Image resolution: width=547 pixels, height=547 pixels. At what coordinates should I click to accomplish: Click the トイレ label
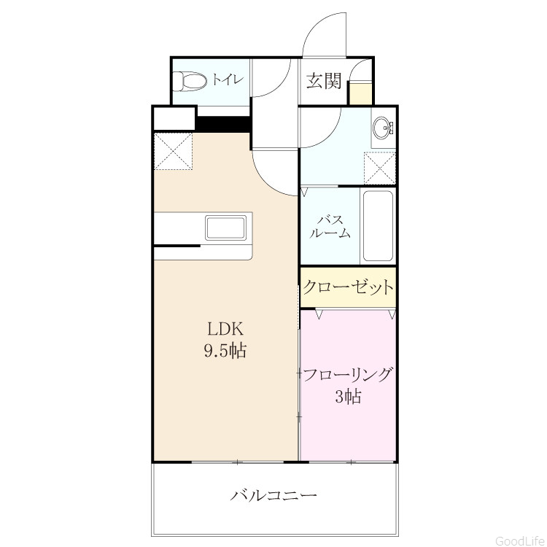click(227, 79)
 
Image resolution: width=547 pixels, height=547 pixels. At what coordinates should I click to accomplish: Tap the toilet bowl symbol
click(190, 82)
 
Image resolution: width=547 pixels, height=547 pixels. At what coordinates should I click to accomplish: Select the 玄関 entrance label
click(324, 81)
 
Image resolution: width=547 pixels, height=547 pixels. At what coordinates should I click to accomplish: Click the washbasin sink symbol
click(383, 128)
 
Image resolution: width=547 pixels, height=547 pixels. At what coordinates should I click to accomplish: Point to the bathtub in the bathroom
click(378, 226)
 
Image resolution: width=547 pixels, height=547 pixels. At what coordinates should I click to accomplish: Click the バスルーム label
click(330, 227)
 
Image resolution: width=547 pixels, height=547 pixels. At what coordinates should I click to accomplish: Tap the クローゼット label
click(348, 287)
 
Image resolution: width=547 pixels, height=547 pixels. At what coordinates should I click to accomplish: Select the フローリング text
click(347, 375)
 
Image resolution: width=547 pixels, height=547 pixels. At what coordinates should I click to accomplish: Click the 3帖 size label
click(348, 397)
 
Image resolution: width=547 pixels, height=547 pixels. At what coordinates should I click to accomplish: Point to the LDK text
click(225, 329)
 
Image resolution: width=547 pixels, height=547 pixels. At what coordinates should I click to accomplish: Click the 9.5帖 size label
click(225, 350)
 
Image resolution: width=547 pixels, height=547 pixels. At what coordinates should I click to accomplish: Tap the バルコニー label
click(273, 495)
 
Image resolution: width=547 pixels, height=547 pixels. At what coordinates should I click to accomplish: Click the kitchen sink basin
click(225, 228)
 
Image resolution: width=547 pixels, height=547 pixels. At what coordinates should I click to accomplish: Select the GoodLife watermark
click(520, 541)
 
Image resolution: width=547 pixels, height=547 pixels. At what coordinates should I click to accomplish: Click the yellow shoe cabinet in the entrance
click(361, 93)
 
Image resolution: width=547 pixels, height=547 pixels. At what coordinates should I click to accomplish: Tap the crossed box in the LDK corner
click(174, 151)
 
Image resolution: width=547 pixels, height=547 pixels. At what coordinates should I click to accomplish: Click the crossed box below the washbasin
click(379, 168)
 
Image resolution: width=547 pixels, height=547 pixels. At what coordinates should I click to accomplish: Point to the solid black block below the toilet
click(224, 123)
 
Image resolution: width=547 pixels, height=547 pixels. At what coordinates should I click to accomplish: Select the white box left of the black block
click(174, 118)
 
